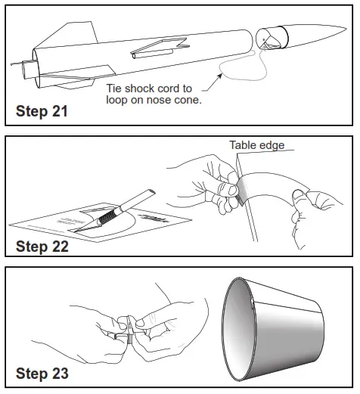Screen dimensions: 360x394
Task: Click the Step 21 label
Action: point(42,111)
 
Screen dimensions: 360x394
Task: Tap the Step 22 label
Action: point(42,247)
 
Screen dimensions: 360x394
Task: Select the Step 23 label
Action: point(42,374)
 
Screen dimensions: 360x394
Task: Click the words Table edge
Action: point(257,145)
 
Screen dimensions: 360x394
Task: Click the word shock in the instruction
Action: point(139,88)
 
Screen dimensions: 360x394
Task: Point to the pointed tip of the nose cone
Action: point(346,29)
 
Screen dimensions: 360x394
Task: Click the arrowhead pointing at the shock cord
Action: point(220,76)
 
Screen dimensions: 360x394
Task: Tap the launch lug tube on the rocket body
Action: point(153,54)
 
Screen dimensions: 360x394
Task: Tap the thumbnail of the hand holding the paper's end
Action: point(298,194)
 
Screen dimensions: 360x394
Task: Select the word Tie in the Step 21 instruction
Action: point(114,88)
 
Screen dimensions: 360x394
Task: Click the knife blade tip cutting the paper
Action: point(75,231)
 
